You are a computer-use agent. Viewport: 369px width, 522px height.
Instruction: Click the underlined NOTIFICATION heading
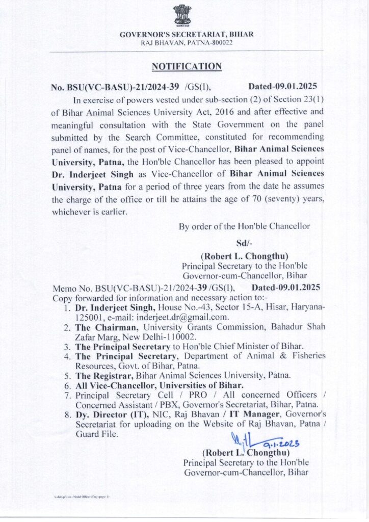coord(187,66)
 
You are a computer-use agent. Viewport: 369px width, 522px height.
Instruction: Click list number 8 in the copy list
coord(67,414)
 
